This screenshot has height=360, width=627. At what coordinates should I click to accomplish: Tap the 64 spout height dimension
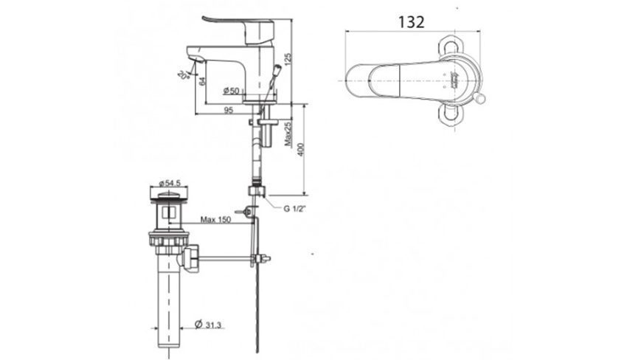tap(201, 83)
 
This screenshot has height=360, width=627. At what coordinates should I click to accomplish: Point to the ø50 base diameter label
tap(231, 91)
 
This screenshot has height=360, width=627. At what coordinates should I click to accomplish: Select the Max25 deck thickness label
tap(288, 134)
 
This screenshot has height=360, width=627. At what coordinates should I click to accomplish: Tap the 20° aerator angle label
tap(181, 73)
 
